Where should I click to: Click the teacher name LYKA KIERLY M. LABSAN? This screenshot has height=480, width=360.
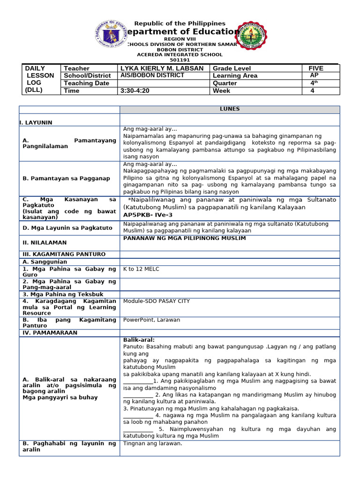coord(162,68)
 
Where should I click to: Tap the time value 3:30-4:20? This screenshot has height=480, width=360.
coord(135,91)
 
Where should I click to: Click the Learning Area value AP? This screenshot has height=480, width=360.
coord(314,75)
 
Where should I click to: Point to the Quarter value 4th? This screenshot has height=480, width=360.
coord(314,83)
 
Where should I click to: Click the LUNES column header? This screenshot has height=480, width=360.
coord(230,109)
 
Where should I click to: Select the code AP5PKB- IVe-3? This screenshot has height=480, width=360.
coord(148,215)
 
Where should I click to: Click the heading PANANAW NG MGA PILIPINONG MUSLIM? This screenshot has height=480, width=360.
coord(184,238)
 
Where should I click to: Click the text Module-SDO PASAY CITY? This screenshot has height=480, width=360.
coord(156,301)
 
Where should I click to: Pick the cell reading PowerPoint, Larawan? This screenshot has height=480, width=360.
coord(151,320)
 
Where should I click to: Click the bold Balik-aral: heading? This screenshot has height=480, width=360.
coord(139,340)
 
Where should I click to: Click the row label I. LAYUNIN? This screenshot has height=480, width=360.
coord(36,122)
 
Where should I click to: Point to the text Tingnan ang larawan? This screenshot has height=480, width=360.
coord(152,443)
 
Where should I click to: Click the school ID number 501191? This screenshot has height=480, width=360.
coord(180,60)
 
